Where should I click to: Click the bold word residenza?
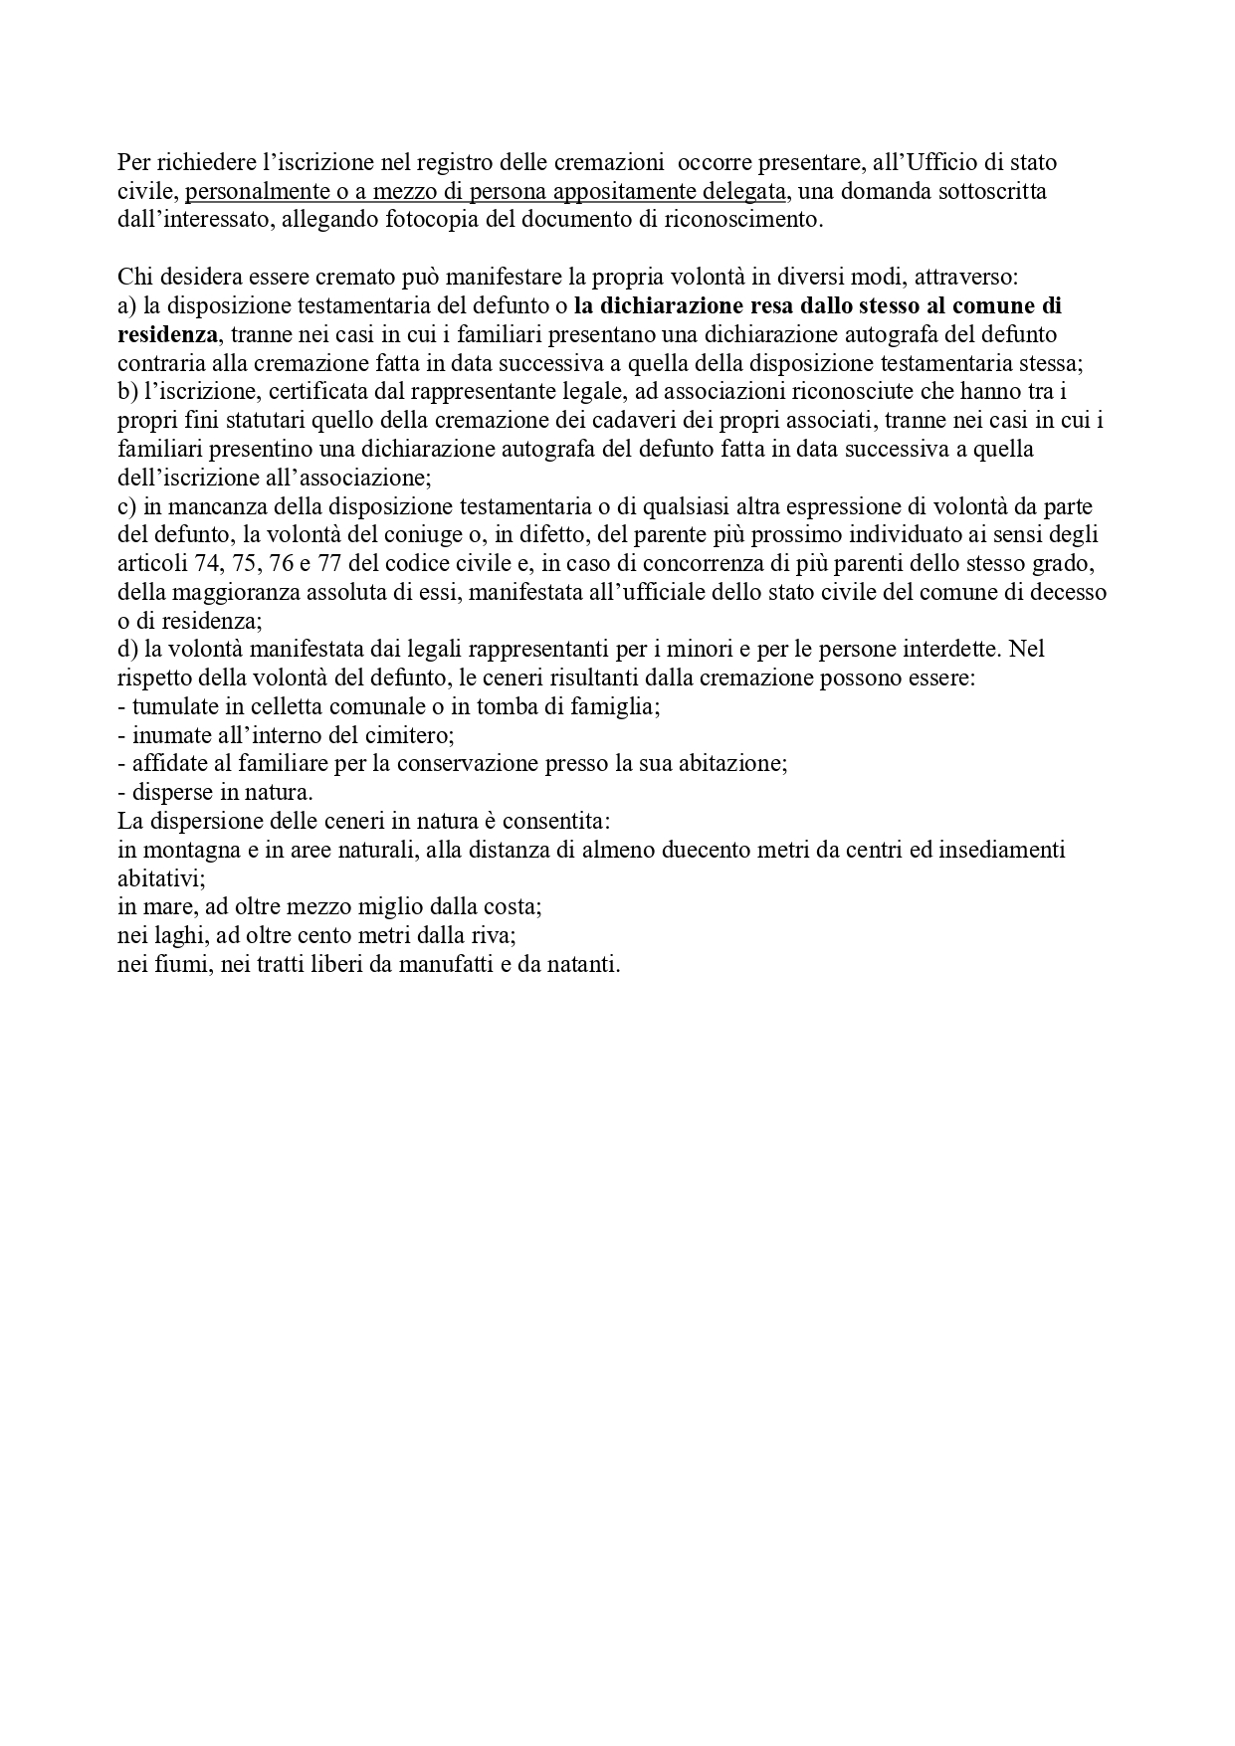click(x=166, y=334)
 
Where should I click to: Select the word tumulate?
click(x=173, y=707)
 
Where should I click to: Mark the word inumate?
click(x=168, y=736)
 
